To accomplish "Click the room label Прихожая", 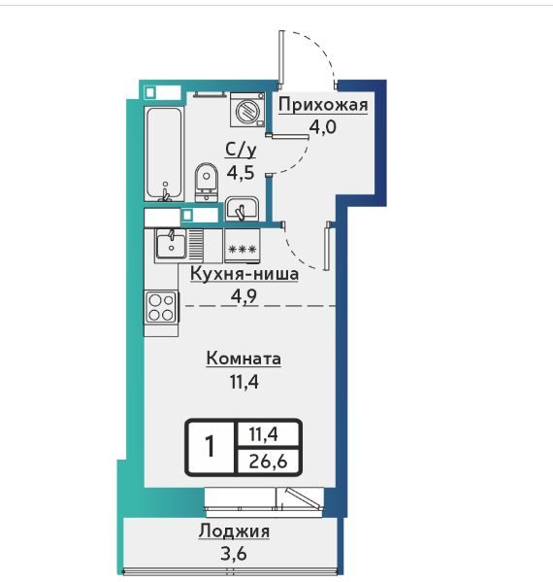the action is tap(323, 105).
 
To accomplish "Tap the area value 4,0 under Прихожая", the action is tap(323, 127).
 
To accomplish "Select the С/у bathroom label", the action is tap(242, 151).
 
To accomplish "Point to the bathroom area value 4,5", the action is tap(241, 173).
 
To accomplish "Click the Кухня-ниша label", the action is tap(244, 274).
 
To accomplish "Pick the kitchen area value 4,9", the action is tap(244, 296).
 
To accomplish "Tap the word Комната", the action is tap(244, 359).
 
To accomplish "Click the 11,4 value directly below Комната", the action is tap(244, 382).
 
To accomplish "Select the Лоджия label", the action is tap(234, 531).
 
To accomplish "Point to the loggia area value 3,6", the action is tap(234, 554).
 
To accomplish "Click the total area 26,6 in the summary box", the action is tap(269, 462).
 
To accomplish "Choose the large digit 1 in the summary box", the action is tap(211, 447).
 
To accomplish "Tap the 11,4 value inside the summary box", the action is tap(264, 434).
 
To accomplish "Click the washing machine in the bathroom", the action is tap(247, 110).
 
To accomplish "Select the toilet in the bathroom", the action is tap(207, 183).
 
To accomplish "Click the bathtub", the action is tap(164, 154).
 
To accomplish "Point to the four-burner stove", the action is tap(161, 307).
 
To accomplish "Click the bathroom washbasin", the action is tap(242, 209).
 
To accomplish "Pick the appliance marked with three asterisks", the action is tap(243, 246).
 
